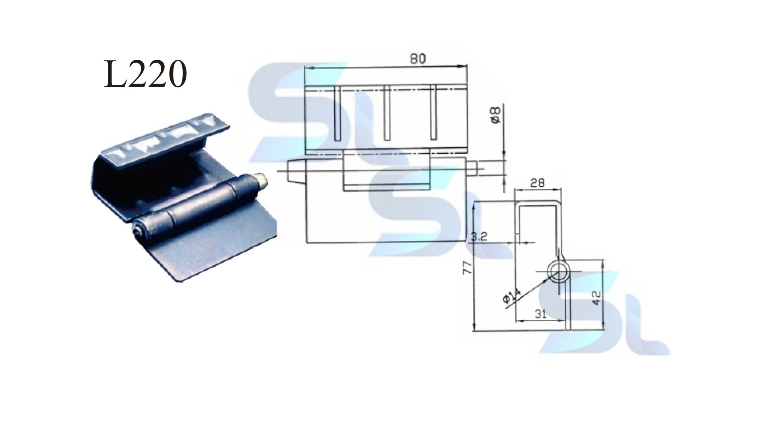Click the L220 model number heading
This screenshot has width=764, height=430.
pyautogui.click(x=145, y=74)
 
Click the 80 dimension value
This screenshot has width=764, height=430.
pyautogui.click(x=417, y=59)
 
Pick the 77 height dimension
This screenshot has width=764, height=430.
pyautogui.click(x=467, y=268)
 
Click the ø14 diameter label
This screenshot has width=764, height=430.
pyautogui.click(x=512, y=297)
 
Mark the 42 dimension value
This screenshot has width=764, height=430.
pyautogui.click(x=596, y=297)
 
